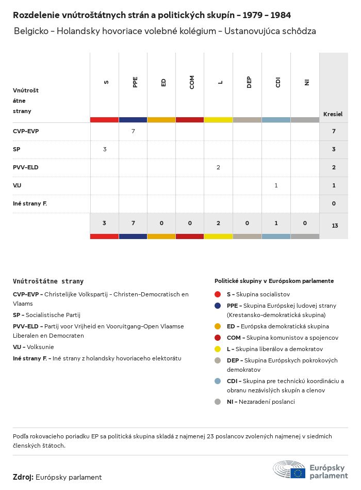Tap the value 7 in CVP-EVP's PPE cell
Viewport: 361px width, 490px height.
tap(133, 131)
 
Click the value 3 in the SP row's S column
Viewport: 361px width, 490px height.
tap(105, 149)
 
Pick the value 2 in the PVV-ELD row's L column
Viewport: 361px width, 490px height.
tap(219, 167)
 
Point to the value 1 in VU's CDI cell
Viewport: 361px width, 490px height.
tap(276, 185)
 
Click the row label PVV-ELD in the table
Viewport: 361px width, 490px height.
tap(26, 167)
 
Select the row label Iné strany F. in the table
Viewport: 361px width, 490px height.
tap(30, 203)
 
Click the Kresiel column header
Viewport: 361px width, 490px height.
tap(333, 114)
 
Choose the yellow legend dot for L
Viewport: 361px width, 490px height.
tap(218, 350)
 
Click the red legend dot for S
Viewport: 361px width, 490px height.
tap(218, 294)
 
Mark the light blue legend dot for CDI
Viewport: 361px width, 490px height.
tap(218, 381)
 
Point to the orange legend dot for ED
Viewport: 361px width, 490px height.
tap(218, 326)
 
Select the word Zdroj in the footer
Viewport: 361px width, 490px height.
tap(23, 477)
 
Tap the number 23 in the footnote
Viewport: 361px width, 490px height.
tap(210, 436)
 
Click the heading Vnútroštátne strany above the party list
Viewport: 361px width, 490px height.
tap(48, 281)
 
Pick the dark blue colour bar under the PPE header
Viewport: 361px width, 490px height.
tap(133, 120)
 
